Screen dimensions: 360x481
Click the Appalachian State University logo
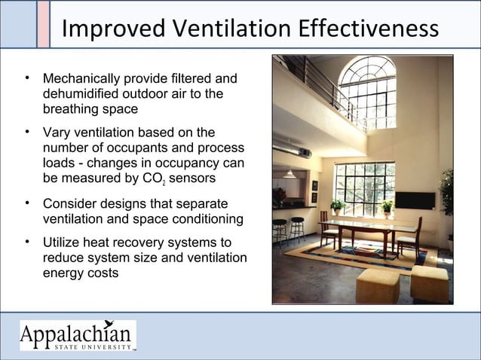tap(78, 336)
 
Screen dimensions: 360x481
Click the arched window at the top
tap(367, 91)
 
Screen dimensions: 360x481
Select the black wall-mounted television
tap(415, 200)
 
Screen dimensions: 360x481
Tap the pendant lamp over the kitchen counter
tap(289, 174)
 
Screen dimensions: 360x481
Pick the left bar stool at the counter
tap(280, 229)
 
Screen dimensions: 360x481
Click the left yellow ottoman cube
tap(377, 285)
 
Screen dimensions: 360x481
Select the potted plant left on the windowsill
tap(337, 206)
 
